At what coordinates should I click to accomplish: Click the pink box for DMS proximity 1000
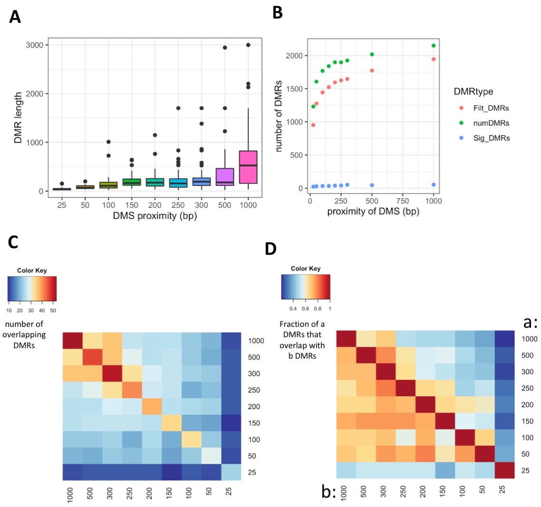(248, 167)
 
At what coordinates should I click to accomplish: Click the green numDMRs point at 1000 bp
(434, 46)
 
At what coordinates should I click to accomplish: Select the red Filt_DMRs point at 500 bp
(372, 70)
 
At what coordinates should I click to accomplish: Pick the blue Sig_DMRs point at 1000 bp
(434, 185)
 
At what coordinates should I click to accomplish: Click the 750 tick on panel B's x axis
(403, 201)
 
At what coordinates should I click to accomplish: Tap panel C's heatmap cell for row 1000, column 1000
(72, 341)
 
